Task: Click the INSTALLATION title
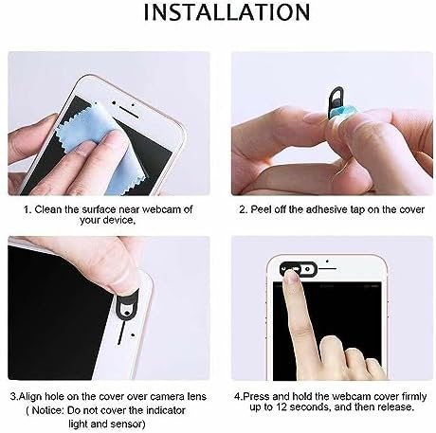pos(227,12)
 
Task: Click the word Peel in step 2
pos(261,209)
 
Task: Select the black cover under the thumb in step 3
pos(127,310)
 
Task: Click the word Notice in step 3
pos(47,410)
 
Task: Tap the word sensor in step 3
pos(129,424)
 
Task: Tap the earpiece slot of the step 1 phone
pos(129,112)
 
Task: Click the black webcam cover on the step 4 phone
pos(299,269)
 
